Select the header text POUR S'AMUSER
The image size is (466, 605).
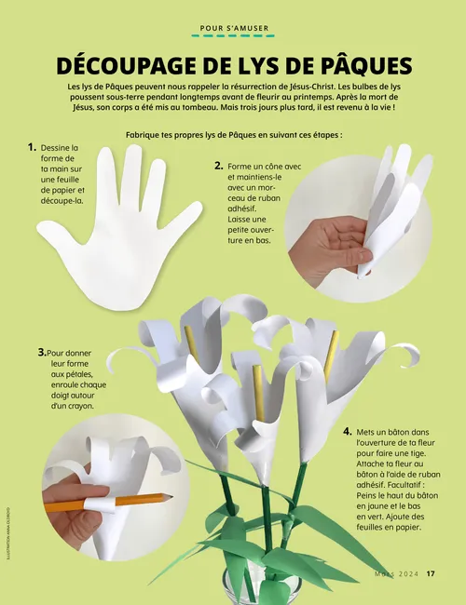pyautogui.click(x=234, y=28)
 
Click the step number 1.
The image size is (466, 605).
pyautogui.click(x=32, y=147)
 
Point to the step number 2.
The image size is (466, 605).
pyautogui.click(x=219, y=166)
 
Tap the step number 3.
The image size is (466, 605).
pyautogui.click(x=42, y=352)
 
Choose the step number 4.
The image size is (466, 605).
pyautogui.click(x=348, y=431)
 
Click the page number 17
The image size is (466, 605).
pyautogui.click(x=431, y=573)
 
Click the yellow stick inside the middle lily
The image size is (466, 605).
pyautogui.click(x=259, y=393)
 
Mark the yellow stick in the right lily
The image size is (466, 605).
pyautogui.click(x=332, y=355)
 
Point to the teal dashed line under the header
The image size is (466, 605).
pyautogui.click(x=233, y=36)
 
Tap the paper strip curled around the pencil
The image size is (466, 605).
pyautogui.click(x=100, y=504)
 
